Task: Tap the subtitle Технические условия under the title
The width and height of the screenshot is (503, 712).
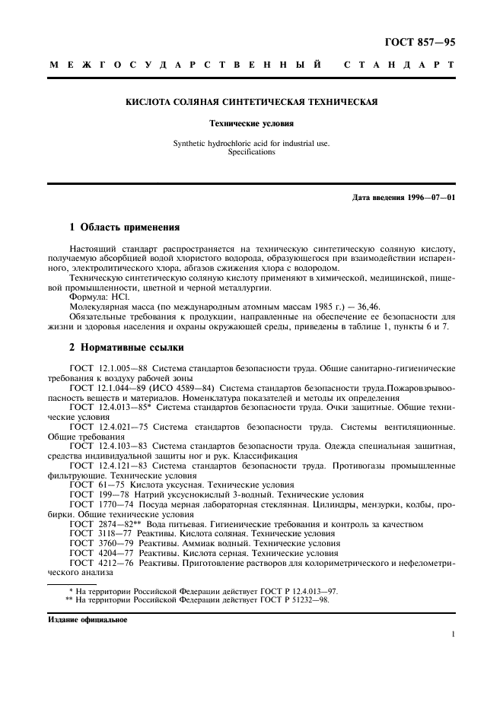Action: tap(251, 122)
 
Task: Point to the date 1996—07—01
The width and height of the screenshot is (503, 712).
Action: tap(427, 198)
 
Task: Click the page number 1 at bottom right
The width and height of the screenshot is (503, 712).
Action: tap(453, 634)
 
